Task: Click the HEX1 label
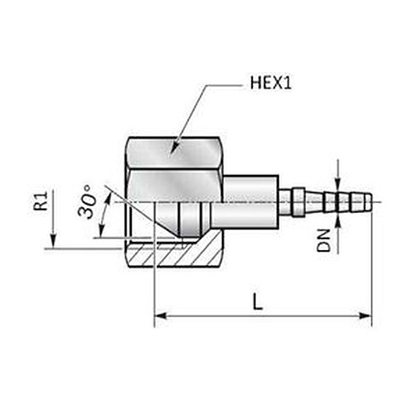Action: tap(270, 83)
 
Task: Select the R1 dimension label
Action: tap(40, 201)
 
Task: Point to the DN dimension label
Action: tap(324, 241)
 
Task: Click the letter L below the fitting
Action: tap(257, 302)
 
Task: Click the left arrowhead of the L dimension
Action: tap(160, 316)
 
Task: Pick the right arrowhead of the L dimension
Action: tap(366, 316)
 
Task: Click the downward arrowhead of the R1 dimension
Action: tap(53, 242)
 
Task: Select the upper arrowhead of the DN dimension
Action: tap(338, 184)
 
